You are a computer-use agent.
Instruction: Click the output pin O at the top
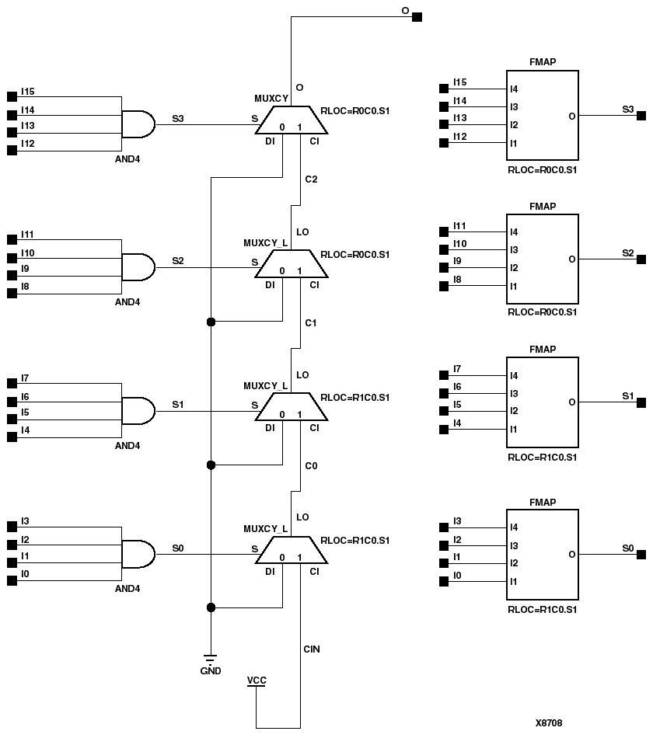pos(417,17)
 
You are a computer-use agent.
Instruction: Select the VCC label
pos(256,681)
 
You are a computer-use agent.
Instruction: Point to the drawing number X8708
pos(548,722)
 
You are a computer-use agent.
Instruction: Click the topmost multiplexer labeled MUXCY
pos(292,120)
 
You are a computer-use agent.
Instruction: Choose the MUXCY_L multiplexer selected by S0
pos(292,551)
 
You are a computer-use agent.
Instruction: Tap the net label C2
pos(311,179)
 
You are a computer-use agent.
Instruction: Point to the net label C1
pos(311,322)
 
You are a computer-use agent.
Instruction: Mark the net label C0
pos(311,465)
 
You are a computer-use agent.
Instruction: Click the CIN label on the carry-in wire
pos(312,649)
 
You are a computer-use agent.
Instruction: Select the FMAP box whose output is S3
pos(542,116)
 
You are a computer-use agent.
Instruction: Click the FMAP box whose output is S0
pos(542,554)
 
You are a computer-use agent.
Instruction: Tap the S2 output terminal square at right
pos(641,259)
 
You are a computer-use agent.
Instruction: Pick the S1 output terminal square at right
pos(641,402)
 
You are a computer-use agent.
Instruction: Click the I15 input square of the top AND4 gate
pos(11,96)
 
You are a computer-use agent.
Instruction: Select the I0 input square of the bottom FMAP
pos(444,582)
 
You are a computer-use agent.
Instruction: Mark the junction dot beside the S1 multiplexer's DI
pos(210,465)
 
